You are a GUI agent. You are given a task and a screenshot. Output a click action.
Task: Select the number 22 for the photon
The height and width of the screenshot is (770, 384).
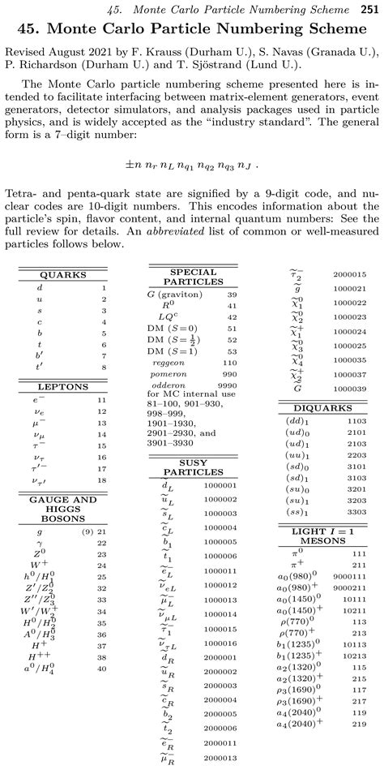(102, 543)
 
